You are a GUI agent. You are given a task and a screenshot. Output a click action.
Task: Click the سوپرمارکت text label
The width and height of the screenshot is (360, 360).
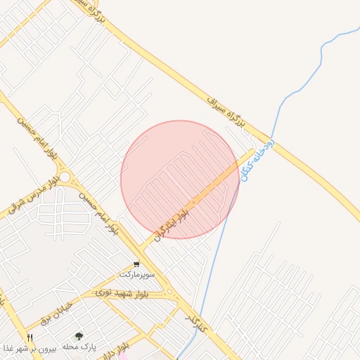pos(134,273)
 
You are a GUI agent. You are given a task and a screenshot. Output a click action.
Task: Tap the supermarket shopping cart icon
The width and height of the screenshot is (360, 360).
pos(136,264)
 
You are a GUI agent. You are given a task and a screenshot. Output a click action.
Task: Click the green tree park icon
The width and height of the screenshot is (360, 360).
pos(79,337)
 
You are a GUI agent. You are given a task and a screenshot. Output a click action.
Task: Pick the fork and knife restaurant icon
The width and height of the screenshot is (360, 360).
pos(30,337)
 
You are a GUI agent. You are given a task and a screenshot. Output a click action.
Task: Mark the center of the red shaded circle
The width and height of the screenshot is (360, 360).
pos(180,180)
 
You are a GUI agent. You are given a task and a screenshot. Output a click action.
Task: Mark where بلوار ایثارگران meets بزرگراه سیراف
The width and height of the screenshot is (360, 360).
pos(253,149)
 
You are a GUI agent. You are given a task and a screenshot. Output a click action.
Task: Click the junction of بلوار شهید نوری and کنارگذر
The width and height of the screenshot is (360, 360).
pos(169,291)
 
